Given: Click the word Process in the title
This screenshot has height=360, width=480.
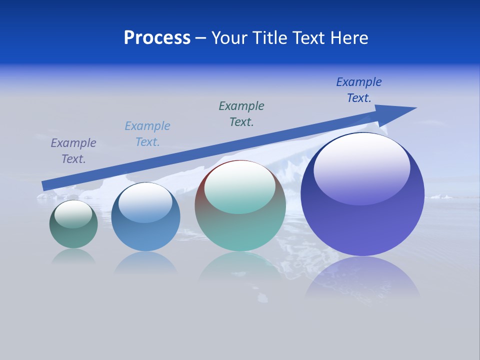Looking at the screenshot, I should click(x=157, y=38).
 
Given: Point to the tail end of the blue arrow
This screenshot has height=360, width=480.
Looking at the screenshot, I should click(x=44, y=186).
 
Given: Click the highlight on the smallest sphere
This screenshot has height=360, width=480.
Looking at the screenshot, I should click(x=73, y=214).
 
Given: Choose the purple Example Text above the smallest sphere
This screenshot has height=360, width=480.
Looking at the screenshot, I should click(x=73, y=151).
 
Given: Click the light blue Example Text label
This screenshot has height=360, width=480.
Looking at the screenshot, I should click(x=147, y=134).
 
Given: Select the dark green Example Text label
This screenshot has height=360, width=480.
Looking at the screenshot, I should click(x=241, y=113).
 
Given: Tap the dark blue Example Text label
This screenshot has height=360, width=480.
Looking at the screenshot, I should click(x=359, y=90).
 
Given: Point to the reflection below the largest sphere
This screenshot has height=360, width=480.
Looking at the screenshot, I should click(x=362, y=277).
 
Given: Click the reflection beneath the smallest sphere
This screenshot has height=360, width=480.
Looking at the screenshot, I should click(x=73, y=256).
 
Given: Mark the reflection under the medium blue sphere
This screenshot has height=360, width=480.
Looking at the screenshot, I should click(x=145, y=262).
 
